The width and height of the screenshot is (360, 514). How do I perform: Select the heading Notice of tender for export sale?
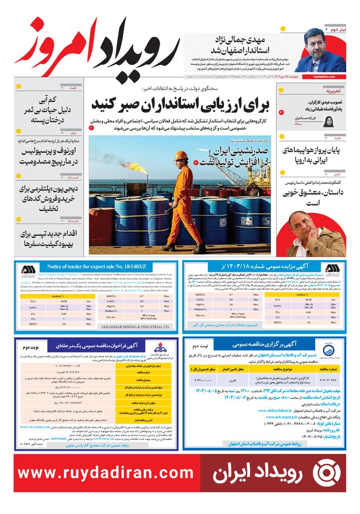click(97, 267)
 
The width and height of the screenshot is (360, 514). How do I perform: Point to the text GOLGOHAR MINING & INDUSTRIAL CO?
click(136, 326)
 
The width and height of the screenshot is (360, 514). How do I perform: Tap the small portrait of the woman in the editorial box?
click(329, 121)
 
